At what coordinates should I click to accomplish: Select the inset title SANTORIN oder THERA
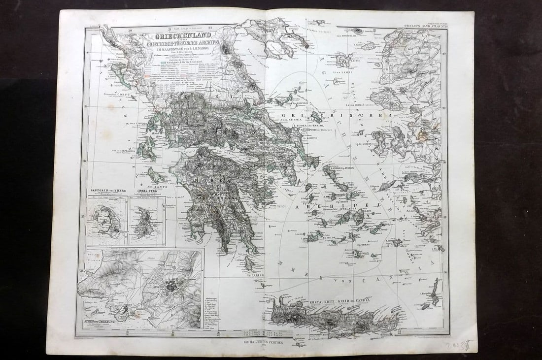[105, 190]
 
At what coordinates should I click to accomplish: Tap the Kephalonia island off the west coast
[146, 149]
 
